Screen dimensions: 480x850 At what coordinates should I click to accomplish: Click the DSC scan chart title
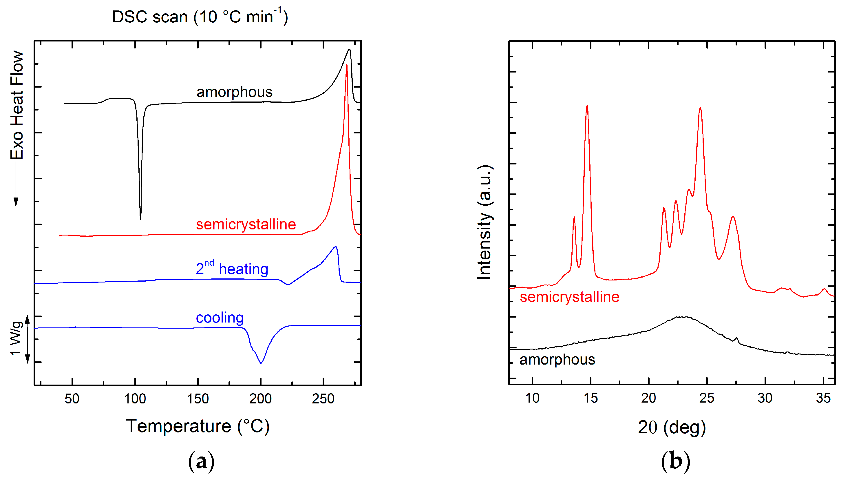click(x=200, y=17)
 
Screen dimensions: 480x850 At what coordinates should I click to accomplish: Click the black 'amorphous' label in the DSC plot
click(x=234, y=92)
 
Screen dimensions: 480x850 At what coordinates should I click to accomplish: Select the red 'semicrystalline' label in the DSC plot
click(x=246, y=224)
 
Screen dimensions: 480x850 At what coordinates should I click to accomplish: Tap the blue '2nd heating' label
click(x=232, y=268)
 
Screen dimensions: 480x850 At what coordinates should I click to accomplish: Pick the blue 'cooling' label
click(x=220, y=318)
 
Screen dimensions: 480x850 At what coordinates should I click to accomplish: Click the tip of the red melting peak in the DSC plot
click(x=346, y=66)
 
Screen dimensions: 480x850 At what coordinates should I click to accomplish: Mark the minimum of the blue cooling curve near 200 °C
click(x=261, y=363)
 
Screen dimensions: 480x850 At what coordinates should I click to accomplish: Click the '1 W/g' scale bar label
click(x=16, y=338)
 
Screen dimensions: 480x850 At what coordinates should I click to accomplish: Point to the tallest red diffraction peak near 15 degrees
click(x=587, y=106)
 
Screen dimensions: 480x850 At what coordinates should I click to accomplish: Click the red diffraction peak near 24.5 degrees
click(x=700, y=108)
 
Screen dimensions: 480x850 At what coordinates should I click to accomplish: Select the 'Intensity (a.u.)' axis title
click(x=485, y=222)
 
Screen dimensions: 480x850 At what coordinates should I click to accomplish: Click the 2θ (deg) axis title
click(x=672, y=427)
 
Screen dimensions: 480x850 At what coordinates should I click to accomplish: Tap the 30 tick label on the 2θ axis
click(x=765, y=398)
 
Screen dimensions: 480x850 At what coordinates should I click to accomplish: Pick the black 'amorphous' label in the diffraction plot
click(x=557, y=359)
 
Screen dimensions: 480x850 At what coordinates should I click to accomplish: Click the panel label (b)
click(x=675, y=461)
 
